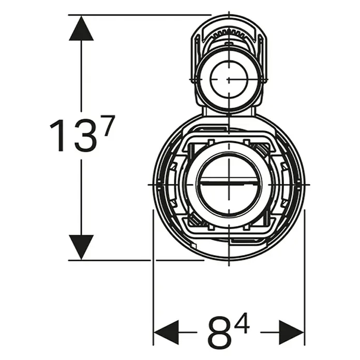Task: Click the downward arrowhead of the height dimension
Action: [x=81, y=247]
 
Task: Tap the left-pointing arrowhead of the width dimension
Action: [x=166, y=332]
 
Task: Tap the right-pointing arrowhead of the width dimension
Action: [x=292, y=332]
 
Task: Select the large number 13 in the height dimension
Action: [x=73, y=136]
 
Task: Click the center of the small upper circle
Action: [x=229, y=79]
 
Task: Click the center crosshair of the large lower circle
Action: [x=229, y=184]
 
